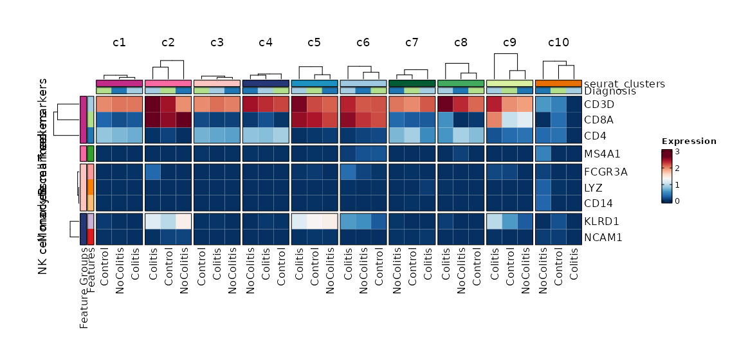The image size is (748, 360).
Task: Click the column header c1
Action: [x=119, y=43]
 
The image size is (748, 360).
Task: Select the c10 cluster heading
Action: [x=558, y=43]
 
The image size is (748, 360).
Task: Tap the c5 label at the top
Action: [x=314, y=43]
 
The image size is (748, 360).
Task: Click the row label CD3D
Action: [x=600, y=104]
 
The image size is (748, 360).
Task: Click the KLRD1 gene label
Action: [x=603, y=221]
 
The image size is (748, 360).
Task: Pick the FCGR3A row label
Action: [x=607, y=172]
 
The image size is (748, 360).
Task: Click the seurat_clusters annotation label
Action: [x=625, y=84]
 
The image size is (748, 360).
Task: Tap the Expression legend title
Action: [x=689, y=141]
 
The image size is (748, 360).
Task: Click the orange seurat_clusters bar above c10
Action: [x=558, y=83]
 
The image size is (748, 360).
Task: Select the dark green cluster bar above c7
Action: [x=412, y=83]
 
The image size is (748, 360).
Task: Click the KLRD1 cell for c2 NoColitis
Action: [x=184, y=221]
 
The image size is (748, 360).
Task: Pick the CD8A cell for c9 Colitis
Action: [x=495, y=120]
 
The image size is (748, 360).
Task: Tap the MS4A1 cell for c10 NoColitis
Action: [x=543, y=154]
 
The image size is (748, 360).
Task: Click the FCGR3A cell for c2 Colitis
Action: [x=153, y=172]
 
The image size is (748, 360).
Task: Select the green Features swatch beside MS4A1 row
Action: [x=91, y=154]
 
